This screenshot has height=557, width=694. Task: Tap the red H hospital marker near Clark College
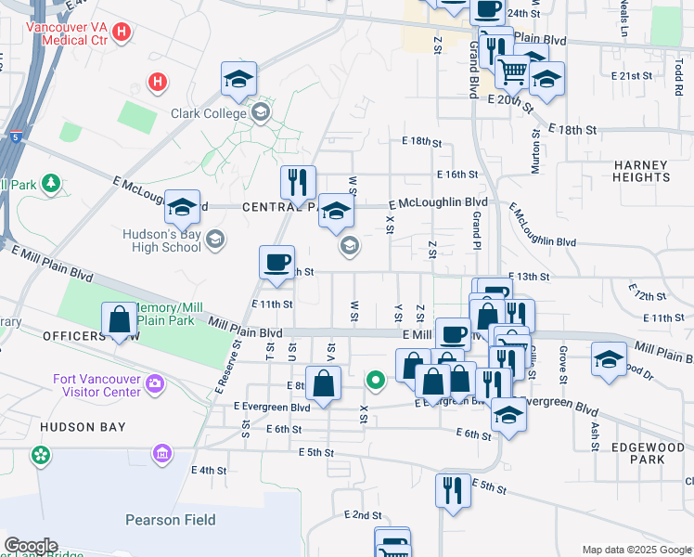click(159, 82)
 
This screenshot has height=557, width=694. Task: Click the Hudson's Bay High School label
click(161, 241)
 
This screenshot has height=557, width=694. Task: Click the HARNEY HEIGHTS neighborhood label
click(641, 171)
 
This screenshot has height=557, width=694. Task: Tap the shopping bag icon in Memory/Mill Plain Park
click(120, 320)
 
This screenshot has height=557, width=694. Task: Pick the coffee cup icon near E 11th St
click(276, 263)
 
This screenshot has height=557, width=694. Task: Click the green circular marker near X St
click(376, 380)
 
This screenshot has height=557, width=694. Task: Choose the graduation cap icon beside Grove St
click(608, 359)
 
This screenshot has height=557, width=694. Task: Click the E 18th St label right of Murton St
click(572, 129)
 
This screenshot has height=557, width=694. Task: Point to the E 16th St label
click(457, 174)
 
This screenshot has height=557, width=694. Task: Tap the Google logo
click(31, 546)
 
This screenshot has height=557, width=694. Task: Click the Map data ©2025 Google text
click(636, 550)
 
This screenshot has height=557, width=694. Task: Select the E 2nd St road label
click(363, 514)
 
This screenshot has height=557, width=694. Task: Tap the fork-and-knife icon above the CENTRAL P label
click(298, 183)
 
